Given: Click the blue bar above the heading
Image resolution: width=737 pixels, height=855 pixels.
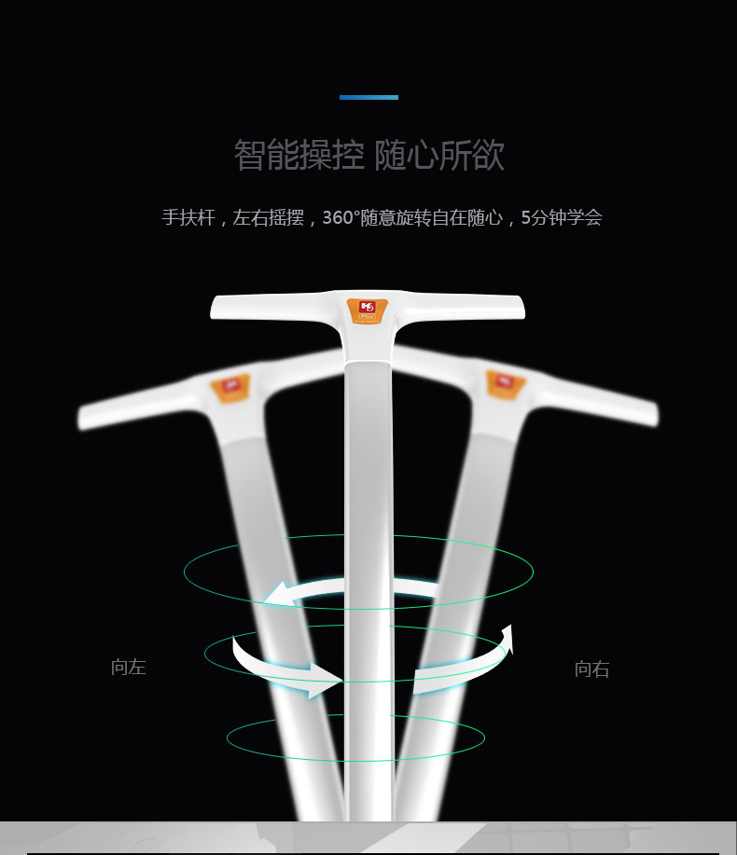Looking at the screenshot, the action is (368, 97).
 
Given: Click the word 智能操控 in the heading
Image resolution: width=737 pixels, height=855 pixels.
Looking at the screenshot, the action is (299, 155).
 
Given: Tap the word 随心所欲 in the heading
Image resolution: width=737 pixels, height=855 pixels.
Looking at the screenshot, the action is (439, 155).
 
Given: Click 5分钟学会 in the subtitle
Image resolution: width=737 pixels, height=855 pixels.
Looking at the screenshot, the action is (562, 217).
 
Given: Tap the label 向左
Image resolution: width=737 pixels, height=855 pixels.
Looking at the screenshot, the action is (129, 668).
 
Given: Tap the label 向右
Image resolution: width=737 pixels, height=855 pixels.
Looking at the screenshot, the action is (591, 669).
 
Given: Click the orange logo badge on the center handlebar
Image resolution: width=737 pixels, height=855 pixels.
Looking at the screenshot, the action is (367, 310).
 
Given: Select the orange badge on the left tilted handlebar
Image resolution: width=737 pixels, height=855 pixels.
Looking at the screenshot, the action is (230, 387).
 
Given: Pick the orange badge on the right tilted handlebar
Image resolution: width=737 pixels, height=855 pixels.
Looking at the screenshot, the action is (505, 384).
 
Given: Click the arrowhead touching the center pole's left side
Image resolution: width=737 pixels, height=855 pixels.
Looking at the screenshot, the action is (327, 679).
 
